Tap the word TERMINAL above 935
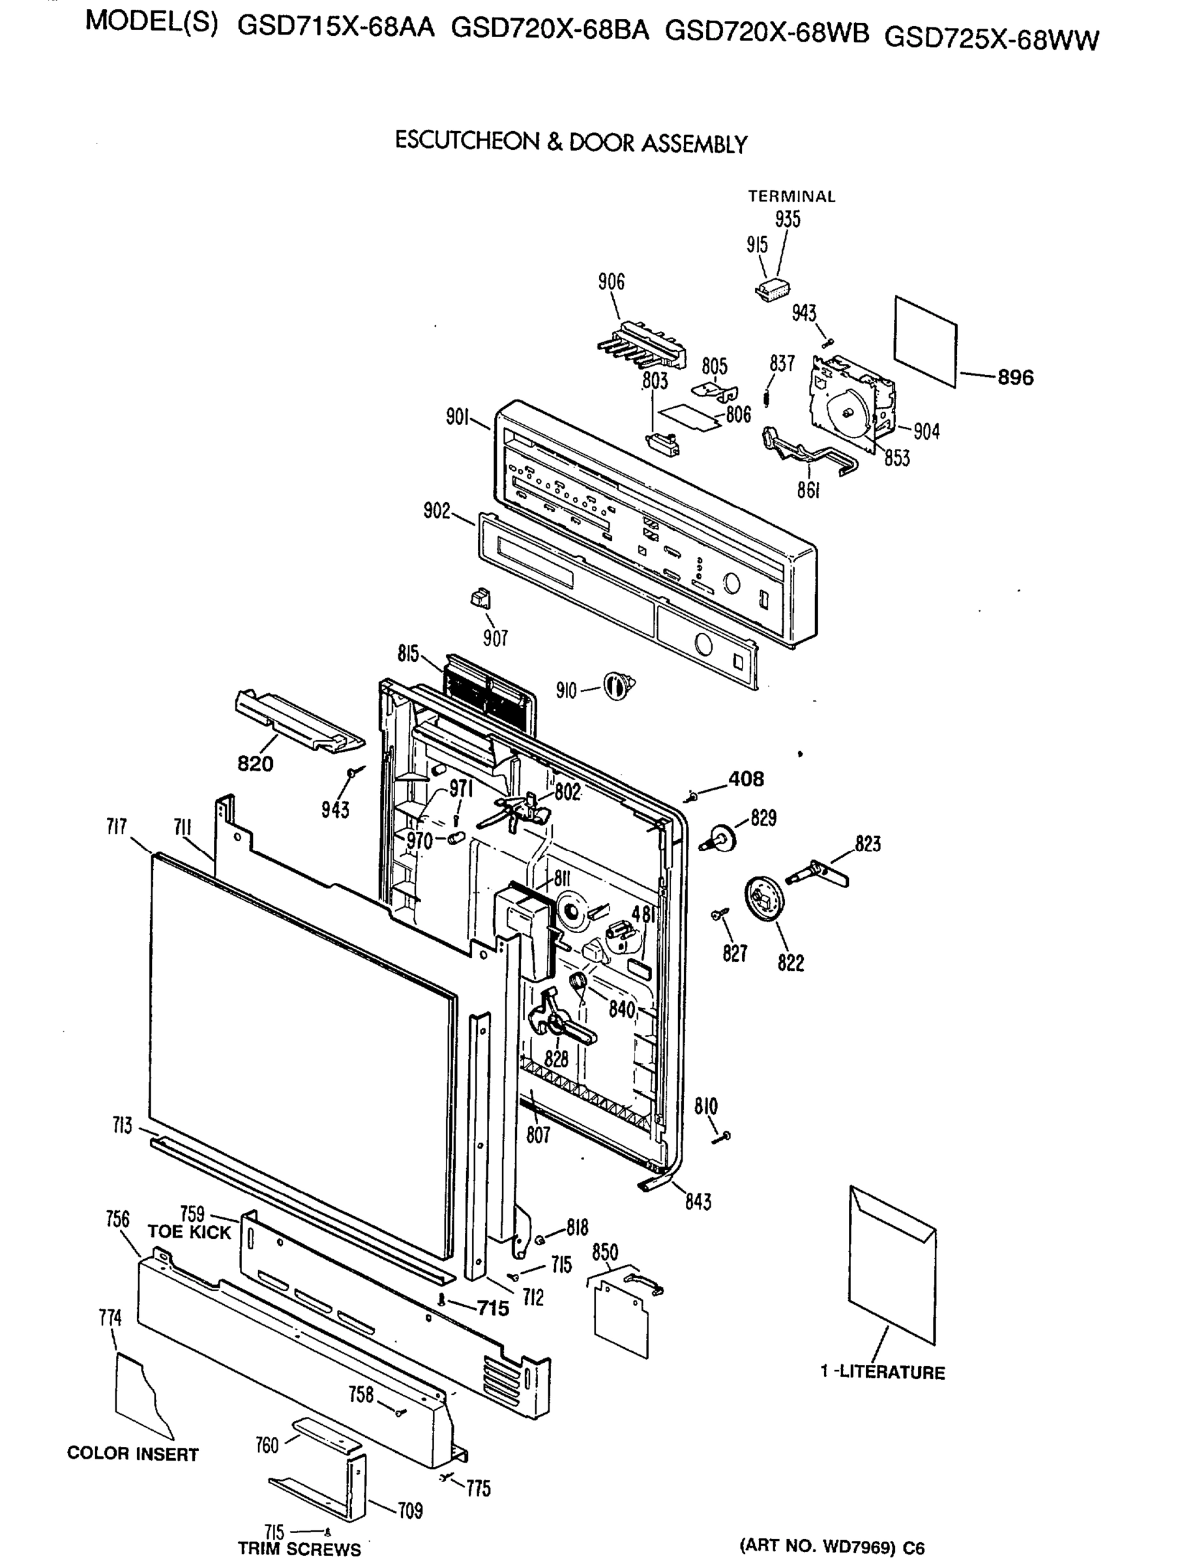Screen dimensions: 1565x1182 coord(791,197)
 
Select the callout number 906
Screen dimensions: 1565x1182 coord(611,282)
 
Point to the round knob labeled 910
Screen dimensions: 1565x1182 coord(618,686)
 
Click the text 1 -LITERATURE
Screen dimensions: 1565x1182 coord(882,1373)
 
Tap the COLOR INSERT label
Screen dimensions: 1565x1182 coord(132,1454)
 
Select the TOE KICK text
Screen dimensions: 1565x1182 coord(189,1232)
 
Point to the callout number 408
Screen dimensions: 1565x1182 coord(746,779)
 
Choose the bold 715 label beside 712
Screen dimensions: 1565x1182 coord(492,1309)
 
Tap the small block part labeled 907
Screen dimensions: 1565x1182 coord(480,599)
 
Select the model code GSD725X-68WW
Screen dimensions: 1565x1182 coord(992,39)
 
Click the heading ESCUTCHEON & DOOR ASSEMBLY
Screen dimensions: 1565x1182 coord(571,142)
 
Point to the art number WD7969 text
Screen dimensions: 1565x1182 coord(831,1547)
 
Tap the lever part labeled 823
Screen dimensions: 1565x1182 coord(825,872)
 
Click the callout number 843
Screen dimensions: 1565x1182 coord(698,1201)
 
